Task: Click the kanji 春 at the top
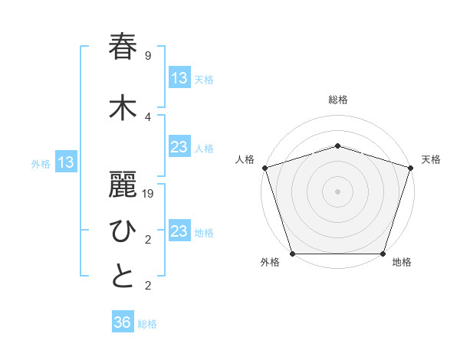[x=123, y=47]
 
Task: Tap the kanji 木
[x=123, y=108]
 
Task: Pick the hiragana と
[x=123, y=277]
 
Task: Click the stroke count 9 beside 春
[x=147, y=56]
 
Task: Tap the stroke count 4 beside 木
[x=147, y=116]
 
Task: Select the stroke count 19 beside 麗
[x=147, y=194]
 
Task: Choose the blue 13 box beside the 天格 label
[x=179, y=78]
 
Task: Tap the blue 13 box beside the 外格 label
[x=66, y=162]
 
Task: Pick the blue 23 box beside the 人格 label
[x=179, y=147]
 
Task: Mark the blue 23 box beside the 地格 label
[x=179, y=231]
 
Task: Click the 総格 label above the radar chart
[x=337, y=100]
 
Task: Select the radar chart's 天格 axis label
[x=431, y=159]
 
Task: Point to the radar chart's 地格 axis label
[x=402, y=263]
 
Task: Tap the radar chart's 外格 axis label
[x=270, y=263]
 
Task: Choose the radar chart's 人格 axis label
[x=245, y=159]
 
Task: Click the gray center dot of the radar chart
[x=337, y=191]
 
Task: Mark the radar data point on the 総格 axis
[x=337, y=146]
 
